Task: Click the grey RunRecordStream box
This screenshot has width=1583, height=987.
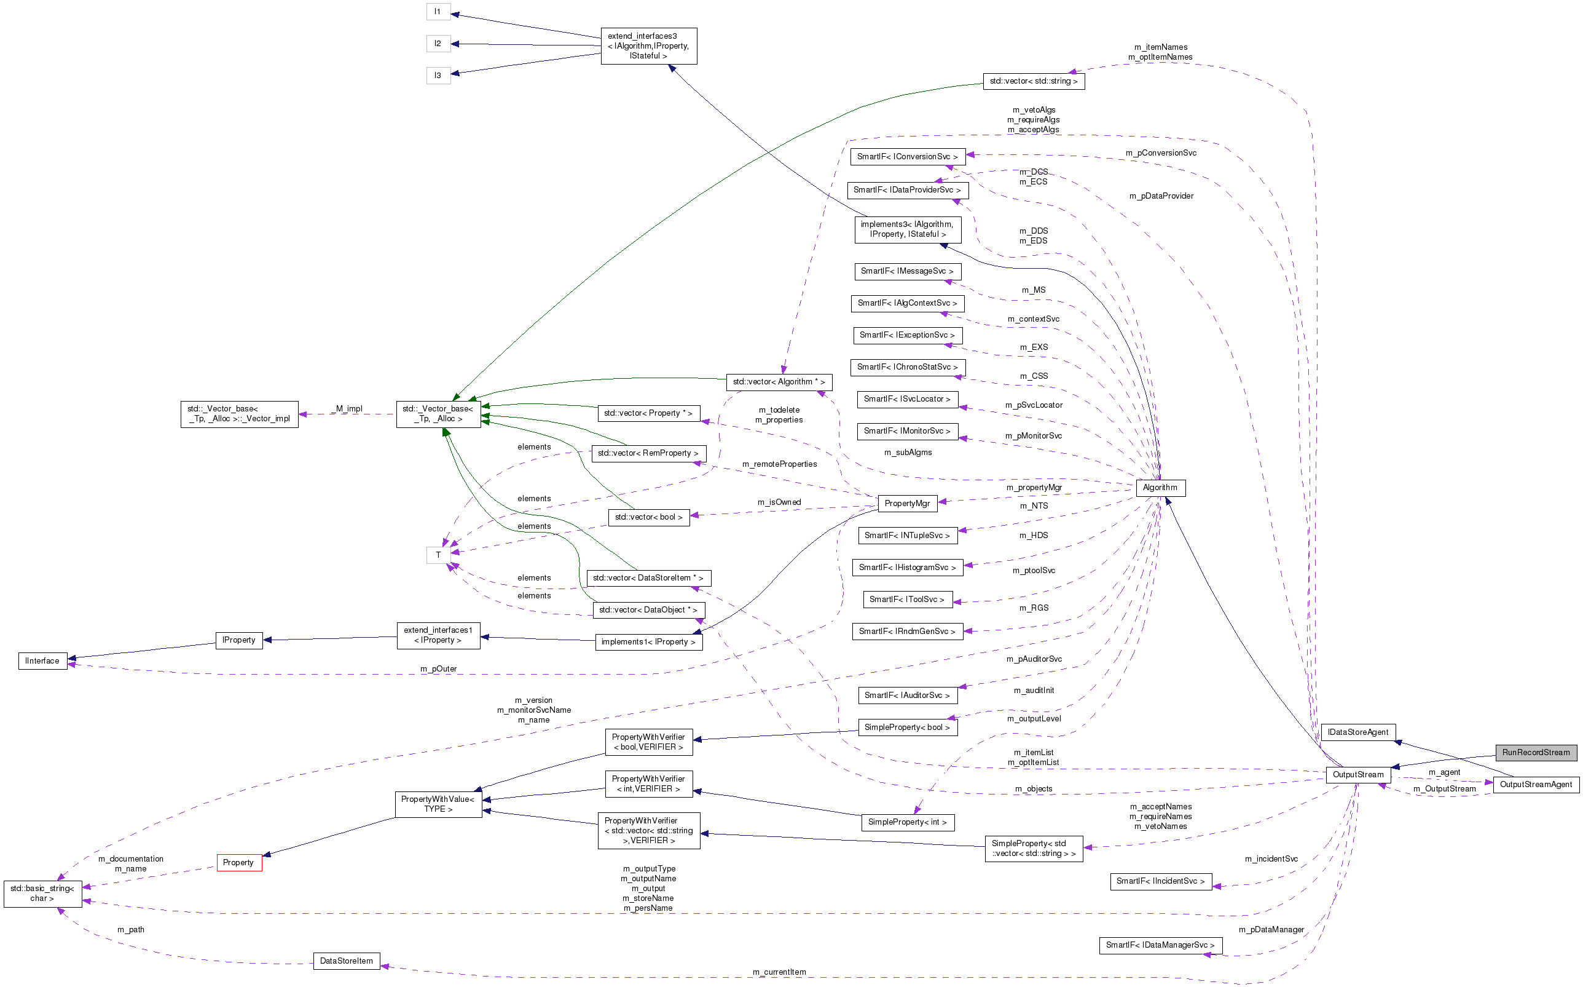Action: coord(1536,753)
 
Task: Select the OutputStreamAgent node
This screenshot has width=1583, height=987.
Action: coord(1536,785)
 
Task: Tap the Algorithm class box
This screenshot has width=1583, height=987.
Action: coord(1160,488)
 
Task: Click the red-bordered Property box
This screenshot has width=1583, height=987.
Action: coord(238,862)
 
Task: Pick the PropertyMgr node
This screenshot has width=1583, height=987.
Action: coord(906,503)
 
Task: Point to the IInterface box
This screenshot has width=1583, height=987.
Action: coord(42,660)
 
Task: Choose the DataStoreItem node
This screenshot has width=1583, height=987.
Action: coord(347,961)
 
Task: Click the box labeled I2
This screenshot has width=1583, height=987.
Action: coord(438,44)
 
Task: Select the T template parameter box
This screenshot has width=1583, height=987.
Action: coord(438,555)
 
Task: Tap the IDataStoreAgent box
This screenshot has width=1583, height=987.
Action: coord(1358,732)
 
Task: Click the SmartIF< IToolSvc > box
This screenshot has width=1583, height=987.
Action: coord(906,599)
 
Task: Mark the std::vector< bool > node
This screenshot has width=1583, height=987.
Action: coord(648,517)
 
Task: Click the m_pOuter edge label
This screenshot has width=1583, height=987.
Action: coord(438,669)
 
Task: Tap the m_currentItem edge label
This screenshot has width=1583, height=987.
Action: coord(779,972)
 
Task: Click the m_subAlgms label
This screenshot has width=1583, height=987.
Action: coord(908,453)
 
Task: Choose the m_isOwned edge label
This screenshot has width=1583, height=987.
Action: coord(779,502)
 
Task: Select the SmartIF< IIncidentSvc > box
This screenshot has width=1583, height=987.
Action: coord(1160,881)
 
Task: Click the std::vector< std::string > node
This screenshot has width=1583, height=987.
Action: coord(1033,81)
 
